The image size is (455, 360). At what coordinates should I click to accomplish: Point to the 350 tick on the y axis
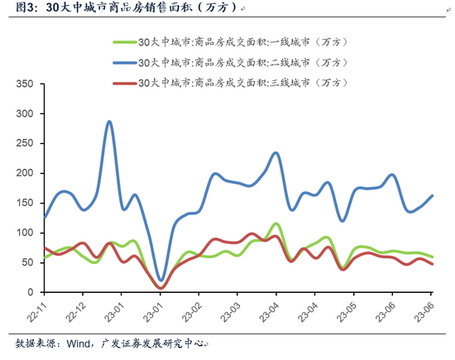[23, 84]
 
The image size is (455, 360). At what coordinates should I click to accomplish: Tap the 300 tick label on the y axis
[23, 113]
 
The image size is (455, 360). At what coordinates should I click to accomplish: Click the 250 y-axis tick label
[23, 143]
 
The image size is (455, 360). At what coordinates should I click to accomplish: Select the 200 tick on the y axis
[23, 173]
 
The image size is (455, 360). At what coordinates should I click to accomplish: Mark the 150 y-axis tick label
[23, 203]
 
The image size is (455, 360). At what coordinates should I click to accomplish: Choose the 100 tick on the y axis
[23, 233]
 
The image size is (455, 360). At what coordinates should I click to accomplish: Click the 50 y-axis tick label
[26, 262]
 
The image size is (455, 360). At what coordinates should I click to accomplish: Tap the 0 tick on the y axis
[29, 292]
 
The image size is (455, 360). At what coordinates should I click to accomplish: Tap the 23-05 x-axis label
[347, 312]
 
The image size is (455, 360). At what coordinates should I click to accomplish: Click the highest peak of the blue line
[109, 122]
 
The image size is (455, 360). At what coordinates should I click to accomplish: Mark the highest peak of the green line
[275, 223]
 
